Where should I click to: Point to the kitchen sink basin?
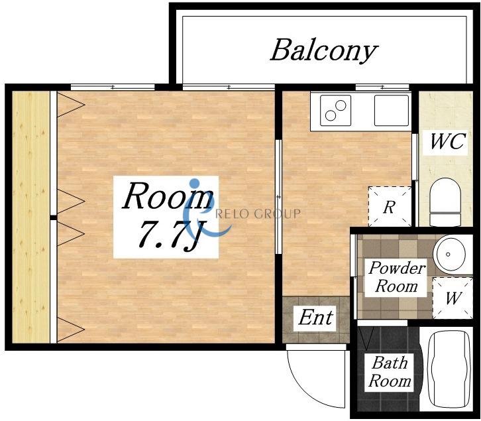coord(392,110)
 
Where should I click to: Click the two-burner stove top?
coord(335,110)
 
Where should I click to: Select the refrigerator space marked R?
coord(390,206)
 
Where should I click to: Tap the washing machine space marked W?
coord(453,298)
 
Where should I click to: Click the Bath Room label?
coord(390,372)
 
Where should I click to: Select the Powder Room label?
coord(397,277)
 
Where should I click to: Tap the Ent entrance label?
coord(315,318)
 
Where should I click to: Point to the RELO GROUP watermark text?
coord(258,213)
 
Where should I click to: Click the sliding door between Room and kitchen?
coord(278,196)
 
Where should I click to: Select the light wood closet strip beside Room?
coord(30,217)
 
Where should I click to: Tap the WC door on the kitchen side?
coord(414,157)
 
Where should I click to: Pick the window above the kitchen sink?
coord(383,88)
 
